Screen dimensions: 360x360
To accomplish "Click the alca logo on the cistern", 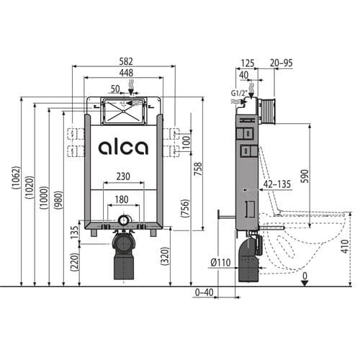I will tap(123, 148).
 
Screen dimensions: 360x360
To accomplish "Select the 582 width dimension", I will tap(124, 60).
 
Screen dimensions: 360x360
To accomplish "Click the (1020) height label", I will tap(30, 191).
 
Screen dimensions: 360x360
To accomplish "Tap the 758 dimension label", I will tap(199, 168).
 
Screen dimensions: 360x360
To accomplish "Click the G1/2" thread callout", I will tap(238, 93).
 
